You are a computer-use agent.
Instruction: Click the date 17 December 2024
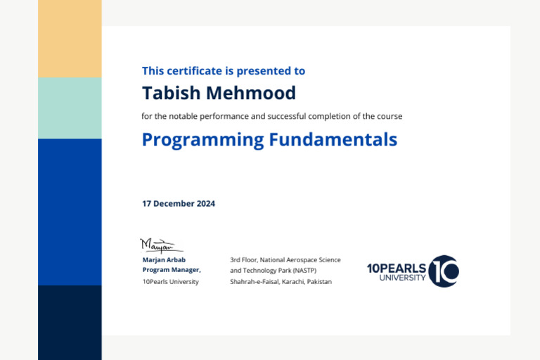coord(179,204)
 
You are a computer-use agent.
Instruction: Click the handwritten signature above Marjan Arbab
coord(159,245)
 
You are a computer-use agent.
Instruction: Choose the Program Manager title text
coord(172,270)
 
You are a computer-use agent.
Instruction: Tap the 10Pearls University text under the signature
coord(170,281)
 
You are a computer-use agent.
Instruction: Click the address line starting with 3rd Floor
coord(285,259)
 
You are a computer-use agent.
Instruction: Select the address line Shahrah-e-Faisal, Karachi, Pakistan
coord(281,281)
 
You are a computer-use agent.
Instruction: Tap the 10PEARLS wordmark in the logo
coord(396,268)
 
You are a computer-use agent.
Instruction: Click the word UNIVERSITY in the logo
coord(402,278)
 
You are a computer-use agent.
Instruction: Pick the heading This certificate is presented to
coord(224,71)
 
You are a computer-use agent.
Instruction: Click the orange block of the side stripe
coord(70,39)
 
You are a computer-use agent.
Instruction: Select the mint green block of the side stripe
coord(70,108)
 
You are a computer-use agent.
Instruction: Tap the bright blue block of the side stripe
coord(70,211)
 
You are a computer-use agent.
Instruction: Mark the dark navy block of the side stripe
coord(70,322)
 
